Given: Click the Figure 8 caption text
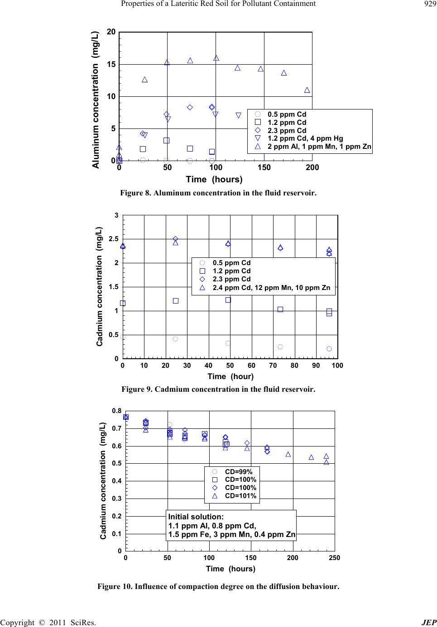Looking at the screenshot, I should (x=218, y=193).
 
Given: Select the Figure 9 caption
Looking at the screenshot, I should (x=218, y=389).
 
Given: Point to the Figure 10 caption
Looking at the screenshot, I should (x=218, y=587).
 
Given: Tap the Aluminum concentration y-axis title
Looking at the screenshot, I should (x=96, y=100).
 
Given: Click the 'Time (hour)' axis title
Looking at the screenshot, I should (x=231, y=376).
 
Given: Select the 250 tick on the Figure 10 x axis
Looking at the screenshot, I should (x=334, y=557).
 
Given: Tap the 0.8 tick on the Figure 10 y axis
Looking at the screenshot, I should (x=116, y=411).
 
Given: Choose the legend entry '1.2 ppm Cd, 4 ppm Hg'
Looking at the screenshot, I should (x=305, y=138).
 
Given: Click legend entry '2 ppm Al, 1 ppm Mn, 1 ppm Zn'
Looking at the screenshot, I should (x=319, y=147).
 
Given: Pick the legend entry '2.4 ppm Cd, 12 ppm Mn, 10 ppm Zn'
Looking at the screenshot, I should (x=271, y=287).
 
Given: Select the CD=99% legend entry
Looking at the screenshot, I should (x=239, y=471).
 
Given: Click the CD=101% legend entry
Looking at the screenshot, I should (x=240, y=496).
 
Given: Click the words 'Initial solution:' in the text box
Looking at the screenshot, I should (x=196, y=516).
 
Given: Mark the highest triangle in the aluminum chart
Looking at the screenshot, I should (x=216, y=58).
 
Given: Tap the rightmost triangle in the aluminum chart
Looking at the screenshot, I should (x=307, y=90).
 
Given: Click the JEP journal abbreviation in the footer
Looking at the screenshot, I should (x=428, y=622).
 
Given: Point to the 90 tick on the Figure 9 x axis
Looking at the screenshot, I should (x=316, y=365).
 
